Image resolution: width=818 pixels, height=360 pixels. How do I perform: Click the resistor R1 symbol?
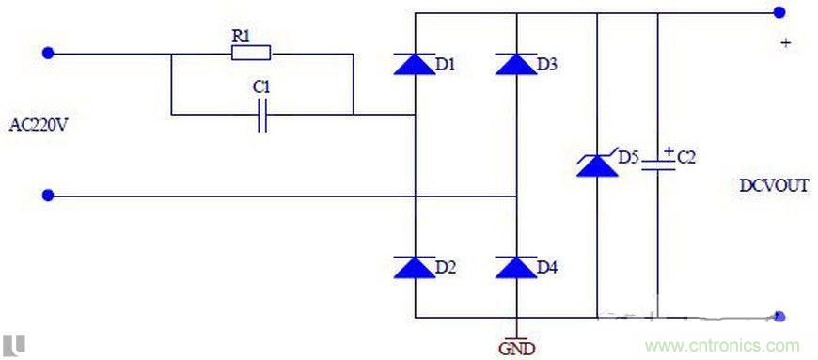point(251,53)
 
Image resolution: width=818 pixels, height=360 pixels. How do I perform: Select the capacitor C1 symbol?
point(262,115)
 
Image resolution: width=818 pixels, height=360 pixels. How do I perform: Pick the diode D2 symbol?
point(414,267)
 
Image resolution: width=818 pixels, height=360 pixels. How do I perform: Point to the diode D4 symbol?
point(515,267)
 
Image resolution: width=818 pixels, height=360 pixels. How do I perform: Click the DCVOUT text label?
point(773,186)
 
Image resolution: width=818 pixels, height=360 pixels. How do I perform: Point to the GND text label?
point(516,349)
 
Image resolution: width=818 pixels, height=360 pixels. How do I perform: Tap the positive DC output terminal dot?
point(779,12)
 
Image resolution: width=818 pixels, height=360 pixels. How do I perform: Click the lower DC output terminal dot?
point(779,318)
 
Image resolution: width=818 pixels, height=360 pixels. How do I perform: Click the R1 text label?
point(241,35)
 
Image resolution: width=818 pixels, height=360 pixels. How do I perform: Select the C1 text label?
point(261,86)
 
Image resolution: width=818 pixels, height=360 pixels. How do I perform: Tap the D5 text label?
point(628,156)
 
